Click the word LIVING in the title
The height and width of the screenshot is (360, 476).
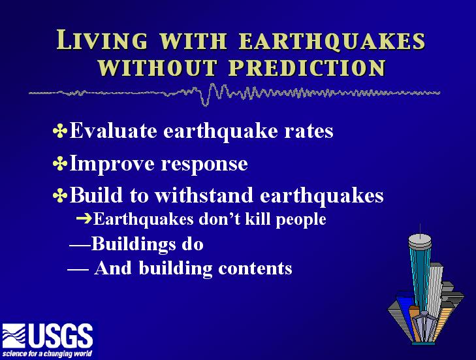pos(102,40)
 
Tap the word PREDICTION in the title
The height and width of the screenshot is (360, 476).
pos(308,67)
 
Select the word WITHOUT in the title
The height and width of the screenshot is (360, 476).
pos(157,67)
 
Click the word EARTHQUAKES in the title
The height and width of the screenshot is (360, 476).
pos(332,41)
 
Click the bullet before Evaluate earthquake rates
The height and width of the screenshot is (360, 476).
pos(60,131)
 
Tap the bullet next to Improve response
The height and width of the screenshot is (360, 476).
pos(60,164)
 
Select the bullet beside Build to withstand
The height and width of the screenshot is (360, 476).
pos(60,195)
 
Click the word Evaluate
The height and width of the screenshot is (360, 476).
pos(113,131)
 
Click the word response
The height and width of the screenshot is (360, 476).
pos(204,165)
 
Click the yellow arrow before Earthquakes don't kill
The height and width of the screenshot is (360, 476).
pos(84,218)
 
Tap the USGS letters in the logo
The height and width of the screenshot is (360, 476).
pos(61,336)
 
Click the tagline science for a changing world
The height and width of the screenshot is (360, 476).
pos(47,353)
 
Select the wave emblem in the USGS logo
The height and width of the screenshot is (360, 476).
pos(14,336)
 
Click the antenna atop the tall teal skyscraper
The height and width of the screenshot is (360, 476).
pos(420,230)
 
